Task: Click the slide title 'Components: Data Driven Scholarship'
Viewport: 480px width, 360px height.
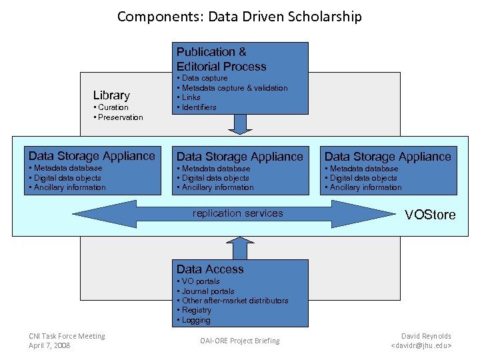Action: click(239, 17)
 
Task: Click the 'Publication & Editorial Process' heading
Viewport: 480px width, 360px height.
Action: click(221, 59)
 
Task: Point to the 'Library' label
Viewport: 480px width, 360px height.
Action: click(111, 95)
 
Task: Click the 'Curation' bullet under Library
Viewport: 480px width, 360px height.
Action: click(113, 107)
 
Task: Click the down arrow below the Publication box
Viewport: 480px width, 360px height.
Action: click(240, 124)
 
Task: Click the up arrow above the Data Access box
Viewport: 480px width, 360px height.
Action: click(240, 249)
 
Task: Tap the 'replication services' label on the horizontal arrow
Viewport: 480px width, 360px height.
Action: click(237, 213)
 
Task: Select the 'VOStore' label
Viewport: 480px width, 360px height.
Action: click(430, 215)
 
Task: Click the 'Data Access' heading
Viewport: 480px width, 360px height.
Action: click(210, 269)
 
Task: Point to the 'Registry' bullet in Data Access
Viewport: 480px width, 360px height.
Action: click(196, 310)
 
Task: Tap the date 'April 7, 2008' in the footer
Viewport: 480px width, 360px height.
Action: click(50, 345)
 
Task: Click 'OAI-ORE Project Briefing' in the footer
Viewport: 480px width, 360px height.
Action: click(240, 341)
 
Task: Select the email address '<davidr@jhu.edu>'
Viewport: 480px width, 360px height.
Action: click(421, 345)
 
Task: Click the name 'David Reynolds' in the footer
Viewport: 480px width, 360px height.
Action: click(426, 336)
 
